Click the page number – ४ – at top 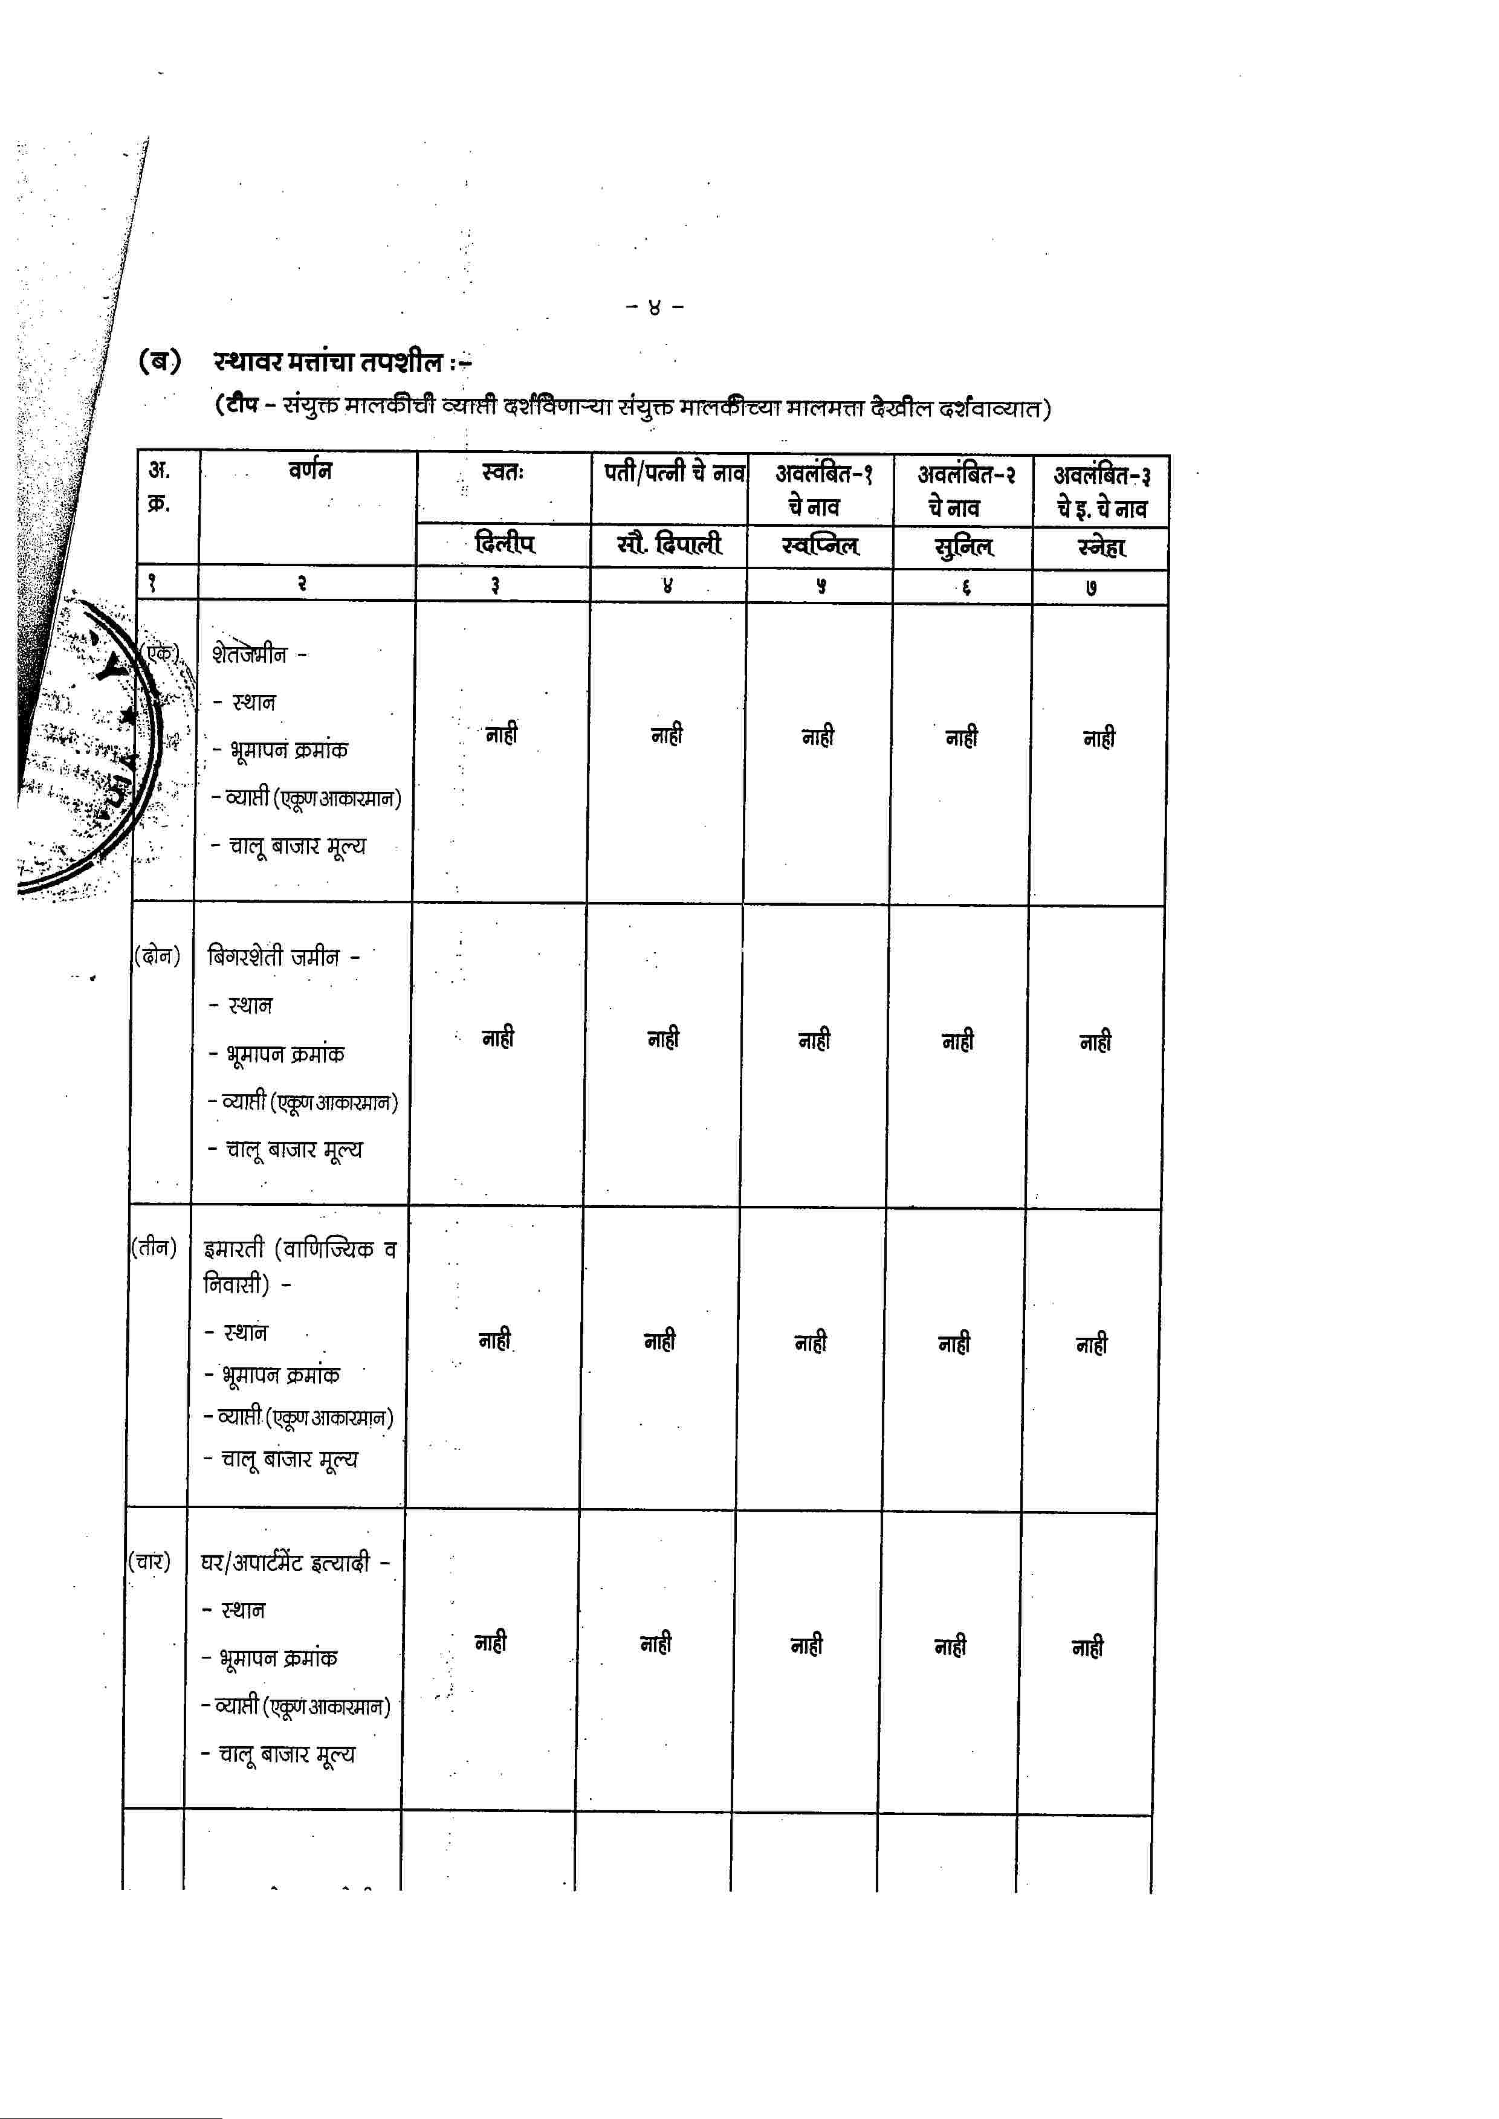tap(655, 306)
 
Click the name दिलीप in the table tap(504, 544)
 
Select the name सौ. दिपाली tap(669, 544)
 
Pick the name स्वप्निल tap(820, 546)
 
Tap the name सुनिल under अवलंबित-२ tap(963, 547)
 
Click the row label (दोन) tap(158, 955)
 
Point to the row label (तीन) tap(153, 1248)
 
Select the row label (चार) tap(149, 1561)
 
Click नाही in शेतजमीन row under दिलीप tap(501, 735)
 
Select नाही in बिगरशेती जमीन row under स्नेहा tap(1096, 1042)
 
